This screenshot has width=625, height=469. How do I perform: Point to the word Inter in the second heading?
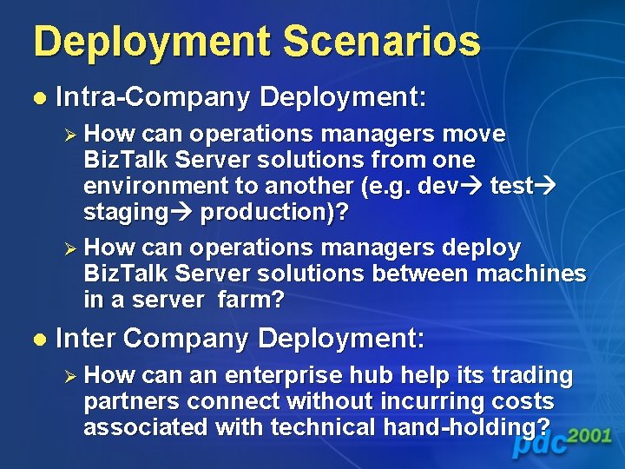click(x=90, y=338)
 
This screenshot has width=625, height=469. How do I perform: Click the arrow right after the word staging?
click(x=181, y=212)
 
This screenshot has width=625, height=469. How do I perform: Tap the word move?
click(x=473, y=135)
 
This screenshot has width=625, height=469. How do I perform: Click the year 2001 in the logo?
click(x=590, y=435)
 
